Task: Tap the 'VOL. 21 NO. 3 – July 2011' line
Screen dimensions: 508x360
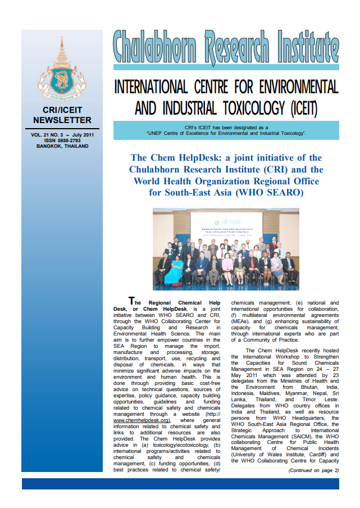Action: pos(62,135)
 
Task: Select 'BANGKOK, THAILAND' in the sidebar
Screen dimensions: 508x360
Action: pos(62,147)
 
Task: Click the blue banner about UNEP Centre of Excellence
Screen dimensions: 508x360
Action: pos(226,131)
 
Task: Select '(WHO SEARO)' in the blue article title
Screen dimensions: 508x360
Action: pos(268,193)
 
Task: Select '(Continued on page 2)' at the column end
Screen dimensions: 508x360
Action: pos(313,470)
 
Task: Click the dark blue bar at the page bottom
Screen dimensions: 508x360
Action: pos(180,483)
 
